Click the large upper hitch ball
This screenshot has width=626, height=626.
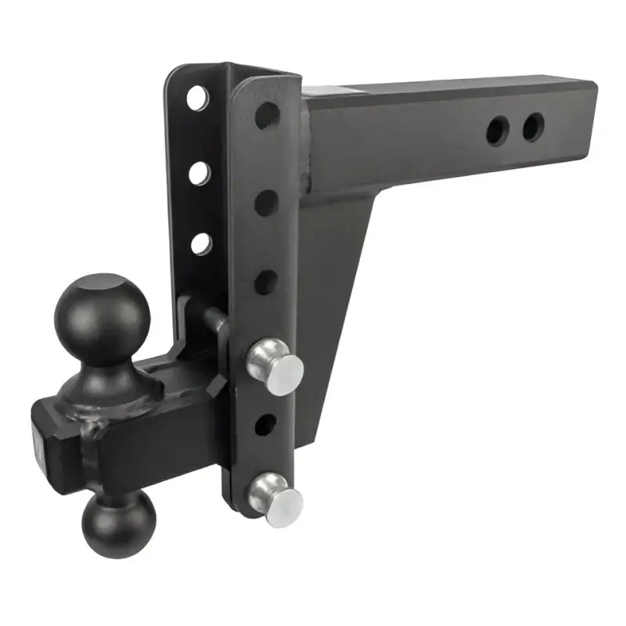point(102,313)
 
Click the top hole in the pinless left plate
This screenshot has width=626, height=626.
point(197,99)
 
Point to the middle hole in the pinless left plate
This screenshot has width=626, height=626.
point(200,171)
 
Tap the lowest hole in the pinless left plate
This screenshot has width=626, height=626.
point(201,243)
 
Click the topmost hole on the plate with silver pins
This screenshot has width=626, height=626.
point(267,116)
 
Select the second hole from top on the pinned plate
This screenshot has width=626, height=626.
point(266,202)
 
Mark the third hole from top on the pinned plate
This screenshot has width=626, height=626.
point(266,281)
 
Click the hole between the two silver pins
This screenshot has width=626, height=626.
point(266,425)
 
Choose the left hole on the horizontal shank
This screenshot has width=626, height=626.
point(496,131)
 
